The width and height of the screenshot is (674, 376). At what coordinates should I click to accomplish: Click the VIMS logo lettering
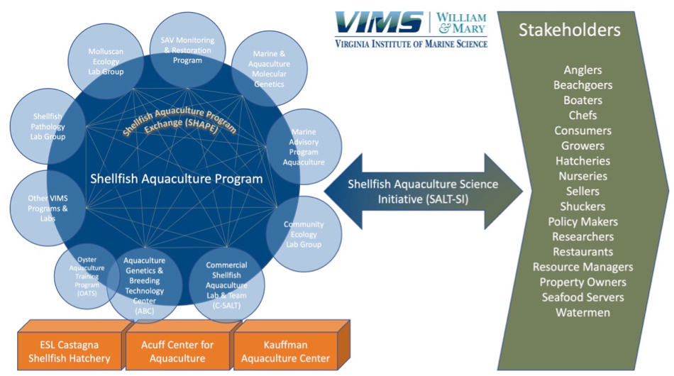coord(380,23)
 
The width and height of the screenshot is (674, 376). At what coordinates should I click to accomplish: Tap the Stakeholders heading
coord(569,30)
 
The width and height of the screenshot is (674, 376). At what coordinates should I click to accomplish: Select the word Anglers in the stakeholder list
coord(582,70)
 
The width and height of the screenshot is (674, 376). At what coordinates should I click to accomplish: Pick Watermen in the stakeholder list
coord(582,312)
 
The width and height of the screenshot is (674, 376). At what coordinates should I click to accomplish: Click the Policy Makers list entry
coord(582,221)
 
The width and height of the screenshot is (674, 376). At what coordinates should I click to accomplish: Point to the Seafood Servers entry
coord(582,297)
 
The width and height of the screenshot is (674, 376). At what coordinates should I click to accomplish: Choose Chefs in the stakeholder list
coord(582,115)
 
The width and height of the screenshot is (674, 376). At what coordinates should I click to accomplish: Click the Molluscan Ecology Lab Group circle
coord(106,62)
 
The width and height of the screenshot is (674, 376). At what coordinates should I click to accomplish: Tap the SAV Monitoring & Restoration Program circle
coord(188,50)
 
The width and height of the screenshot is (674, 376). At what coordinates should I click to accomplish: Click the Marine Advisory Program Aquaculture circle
coord(304,146)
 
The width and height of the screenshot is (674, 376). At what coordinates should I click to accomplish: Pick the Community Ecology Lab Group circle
coord(303,234)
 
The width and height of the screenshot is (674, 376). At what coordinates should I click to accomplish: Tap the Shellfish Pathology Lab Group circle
coord(50,126)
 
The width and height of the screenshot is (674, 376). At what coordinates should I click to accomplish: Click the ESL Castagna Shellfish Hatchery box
coord(69,352)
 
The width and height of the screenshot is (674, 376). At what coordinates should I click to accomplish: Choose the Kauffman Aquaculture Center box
coord(287,352)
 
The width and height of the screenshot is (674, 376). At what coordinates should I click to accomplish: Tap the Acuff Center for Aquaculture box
coord(177,352)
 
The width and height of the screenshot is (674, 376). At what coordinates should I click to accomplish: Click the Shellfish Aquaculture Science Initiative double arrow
coord(423,192)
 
